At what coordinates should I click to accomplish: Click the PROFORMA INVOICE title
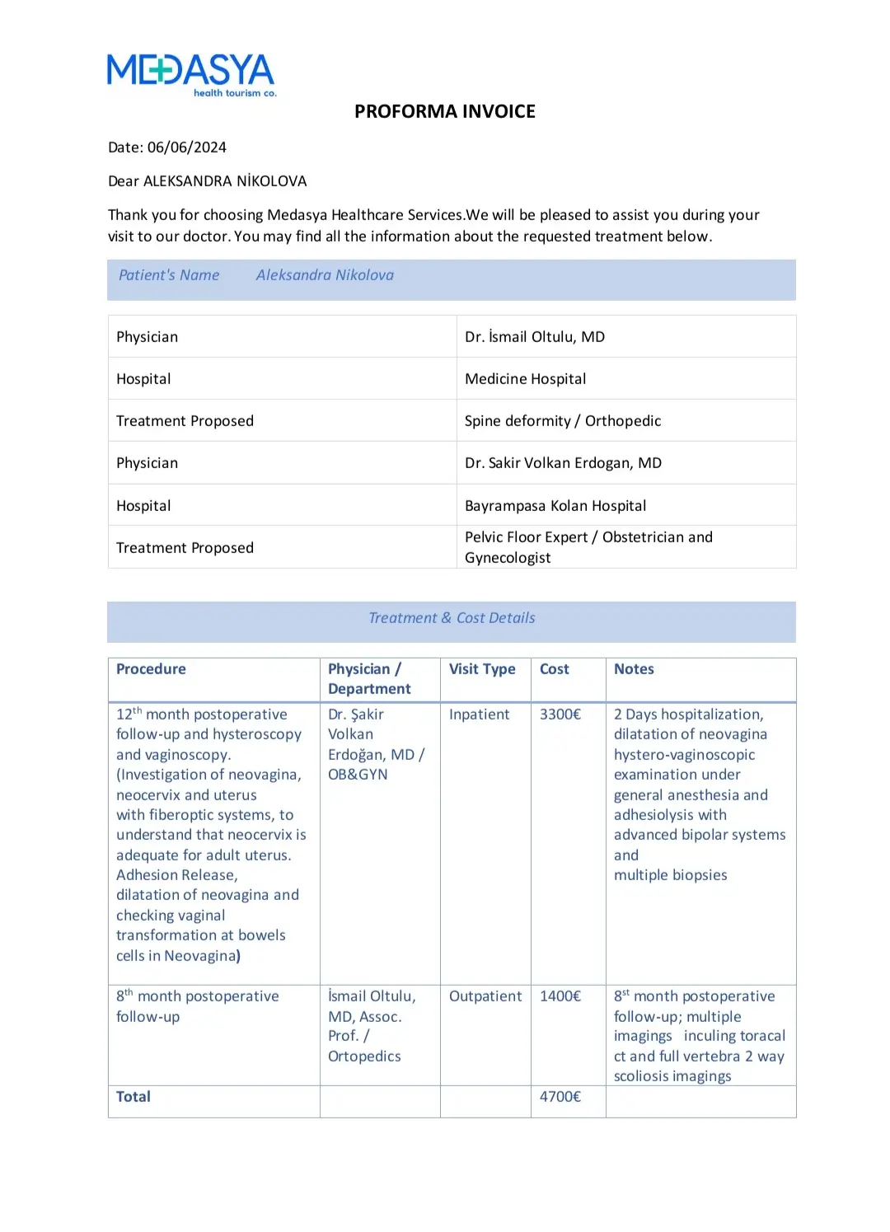click(x=444, y=111)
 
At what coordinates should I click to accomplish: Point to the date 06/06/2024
click(x=186, y=148)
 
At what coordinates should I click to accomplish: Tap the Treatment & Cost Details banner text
click(x=452, y=618)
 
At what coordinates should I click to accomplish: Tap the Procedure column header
click(x=151, y=669)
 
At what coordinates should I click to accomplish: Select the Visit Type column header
click(x=482, y=669)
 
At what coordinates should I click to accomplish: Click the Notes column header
click(x=634, y=669)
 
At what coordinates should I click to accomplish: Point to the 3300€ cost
click(x=560, y=714)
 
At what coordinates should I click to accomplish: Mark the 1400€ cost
click(x=560, y=996)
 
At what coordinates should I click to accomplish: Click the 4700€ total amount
click(x=560, y=1097)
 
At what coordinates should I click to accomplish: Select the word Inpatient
click(x=479, y=714)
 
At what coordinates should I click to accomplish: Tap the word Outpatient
click(x=485, y=996)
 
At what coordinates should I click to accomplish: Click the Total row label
click(x=133, y=1097)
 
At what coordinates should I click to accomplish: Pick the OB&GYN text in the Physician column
click(x=358, y=775)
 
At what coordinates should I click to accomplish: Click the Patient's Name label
click(x=169, y=275)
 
